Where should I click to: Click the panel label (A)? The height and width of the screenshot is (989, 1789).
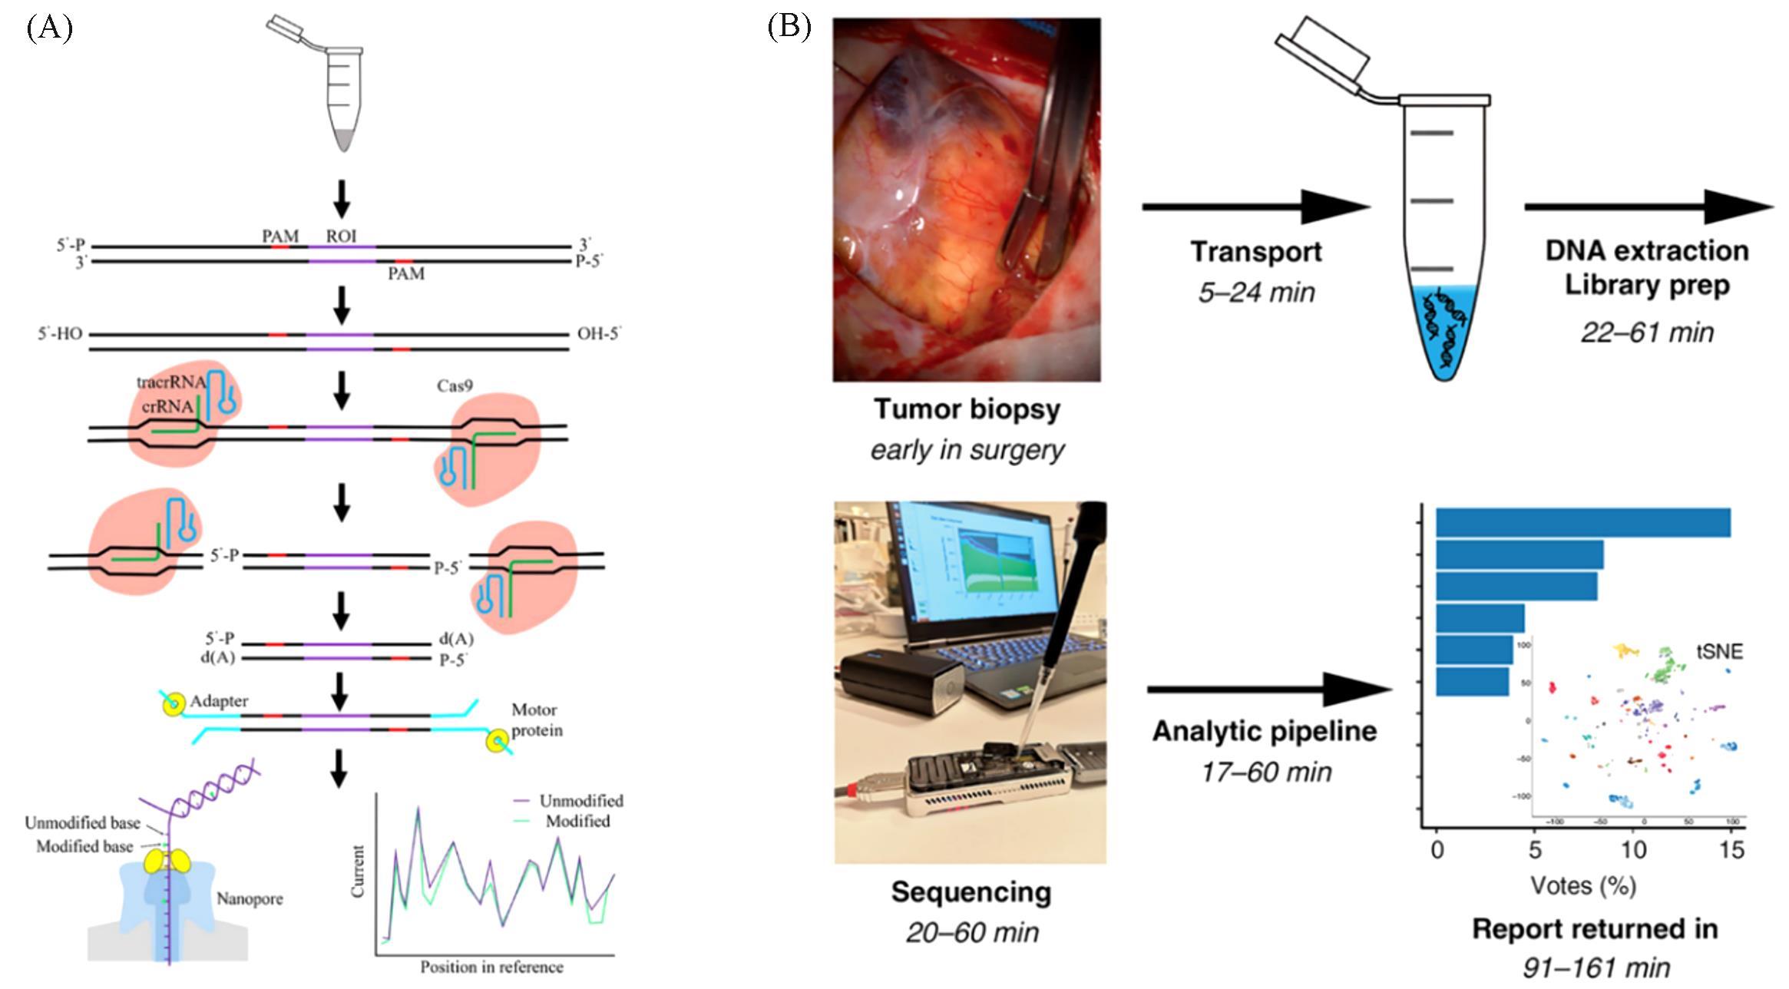click(x=49, y=28)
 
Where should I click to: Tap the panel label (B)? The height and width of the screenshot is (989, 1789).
click(x=789, y=27)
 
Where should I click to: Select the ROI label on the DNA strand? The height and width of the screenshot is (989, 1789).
click(x=342, y=237)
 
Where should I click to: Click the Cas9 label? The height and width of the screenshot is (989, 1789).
click(x=455, y=385)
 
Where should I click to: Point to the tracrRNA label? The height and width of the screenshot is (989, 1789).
click(x=170, y=382)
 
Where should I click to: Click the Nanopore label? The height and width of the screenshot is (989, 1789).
click(x=250, y=898)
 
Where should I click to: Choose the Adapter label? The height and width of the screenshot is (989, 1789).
click(x=219, y=701)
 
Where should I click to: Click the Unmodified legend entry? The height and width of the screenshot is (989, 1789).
click(x=580, y=801)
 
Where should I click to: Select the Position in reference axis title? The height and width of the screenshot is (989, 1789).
click(x=491, y=968)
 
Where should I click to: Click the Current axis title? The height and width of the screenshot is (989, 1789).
click(x=358, y=872)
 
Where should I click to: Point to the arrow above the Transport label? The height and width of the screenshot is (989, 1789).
click(x=1255, y=207)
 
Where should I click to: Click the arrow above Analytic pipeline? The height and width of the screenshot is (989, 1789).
click(x=1268, y=690)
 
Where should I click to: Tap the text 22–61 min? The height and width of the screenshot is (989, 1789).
click(x=1647, y=332)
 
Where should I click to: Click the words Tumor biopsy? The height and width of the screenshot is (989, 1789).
click(x=967, y=409)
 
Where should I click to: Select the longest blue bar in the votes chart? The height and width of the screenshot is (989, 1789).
click(x=1582, y=523)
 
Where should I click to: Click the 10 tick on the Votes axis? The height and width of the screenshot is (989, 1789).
click(x=1633, y=850)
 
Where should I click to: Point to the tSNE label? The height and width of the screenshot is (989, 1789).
click(x=1719, y=652)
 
